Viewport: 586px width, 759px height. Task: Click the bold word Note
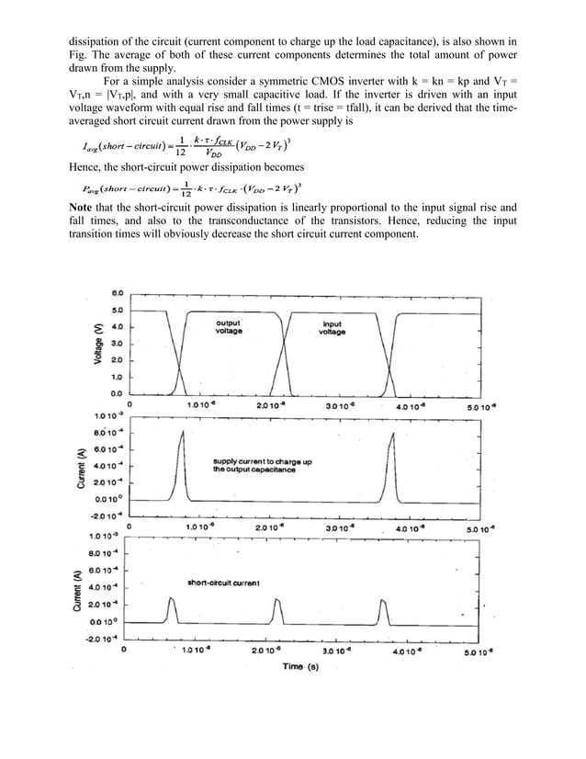pyautogui.click(x=85, y=207)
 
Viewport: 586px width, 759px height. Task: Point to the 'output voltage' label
pyautogui.click(x=229, y=327)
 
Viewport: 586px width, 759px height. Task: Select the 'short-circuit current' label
pyautogui.click(x=223, y=583)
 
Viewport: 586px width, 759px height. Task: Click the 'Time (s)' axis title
pyautogui.click(x=300, y=666)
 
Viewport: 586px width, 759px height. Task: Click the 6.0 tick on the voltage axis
pyautogui.click(x=118, y=292)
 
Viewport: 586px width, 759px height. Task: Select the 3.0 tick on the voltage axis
pyautogui.click(x=118, y=343)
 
